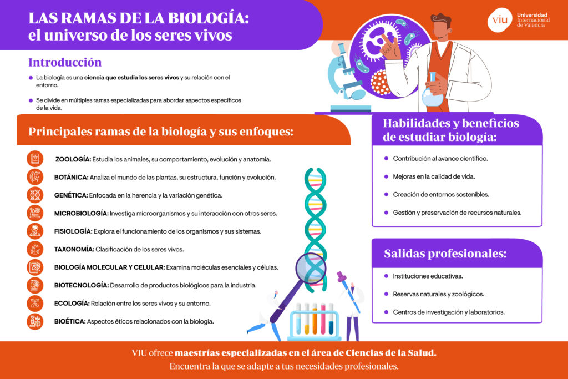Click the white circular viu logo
[x=500, y=20]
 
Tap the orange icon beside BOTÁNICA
[x=35, y=177]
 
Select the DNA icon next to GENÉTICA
[x=35, y=195]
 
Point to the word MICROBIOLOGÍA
[x=81, y=214]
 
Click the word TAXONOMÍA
[x=74, y=249]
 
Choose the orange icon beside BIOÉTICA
[x=35, y=321]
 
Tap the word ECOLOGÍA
[x=72, y=304]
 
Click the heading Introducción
[x=65, y=62]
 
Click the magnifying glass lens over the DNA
[x=311, y=269]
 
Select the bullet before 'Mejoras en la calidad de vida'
[x=386, y=176]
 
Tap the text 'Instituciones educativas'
[x=428, y=276]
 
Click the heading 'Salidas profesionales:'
[x=445, y=254]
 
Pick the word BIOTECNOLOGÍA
[x=82, y=285]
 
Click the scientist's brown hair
[x=441, y=21]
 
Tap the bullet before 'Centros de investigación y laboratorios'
[x=386, y=312]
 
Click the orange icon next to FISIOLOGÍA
[x=35, y=231]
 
